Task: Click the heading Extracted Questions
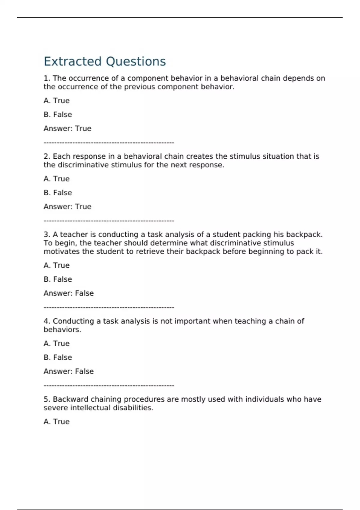click(104, 61)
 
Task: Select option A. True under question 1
click(56, 101)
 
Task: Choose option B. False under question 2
click(58, 193)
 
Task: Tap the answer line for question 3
click(68, 293)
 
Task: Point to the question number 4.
click(46, 321)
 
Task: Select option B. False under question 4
click(58, 358)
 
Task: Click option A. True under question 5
click(56, 422)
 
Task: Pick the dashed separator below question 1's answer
click(109, 143)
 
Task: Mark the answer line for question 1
click(67, 129)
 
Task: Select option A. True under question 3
click(56, 265)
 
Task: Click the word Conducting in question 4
click(73, 321)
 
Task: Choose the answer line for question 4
click(68, 371)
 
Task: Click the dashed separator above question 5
click(109, 385)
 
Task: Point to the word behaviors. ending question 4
click(62, 330)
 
